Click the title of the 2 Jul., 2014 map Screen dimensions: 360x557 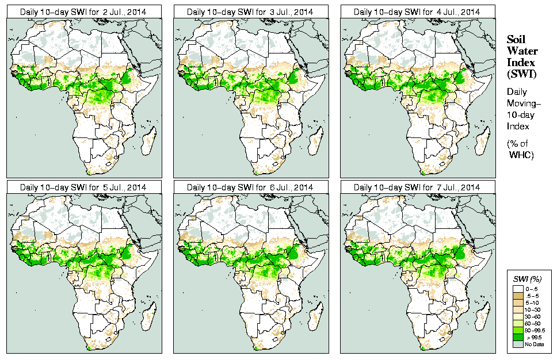point(83,12)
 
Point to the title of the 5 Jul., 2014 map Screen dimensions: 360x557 point(83,187)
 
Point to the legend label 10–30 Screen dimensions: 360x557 point(532,310)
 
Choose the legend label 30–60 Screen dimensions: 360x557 point(532,317)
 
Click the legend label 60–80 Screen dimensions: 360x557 point(532,324)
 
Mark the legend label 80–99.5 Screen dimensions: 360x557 point(534,331)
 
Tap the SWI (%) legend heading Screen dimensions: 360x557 point(527,279)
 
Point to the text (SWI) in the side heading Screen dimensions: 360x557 point(521,74)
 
